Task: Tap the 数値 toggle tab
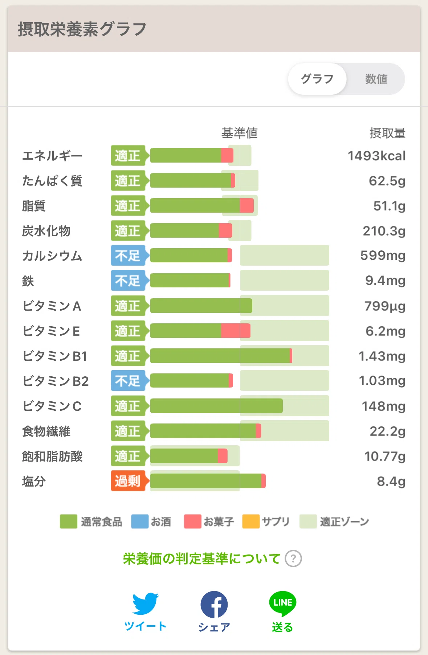point(376,79)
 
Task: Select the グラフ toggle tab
point(317,79)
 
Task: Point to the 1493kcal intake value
point(376,156)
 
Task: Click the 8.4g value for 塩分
point(391,482)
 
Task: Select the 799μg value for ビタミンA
point(385,306)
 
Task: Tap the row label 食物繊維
point(46,431)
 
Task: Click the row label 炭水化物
point(46,231)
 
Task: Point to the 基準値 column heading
point(240,133)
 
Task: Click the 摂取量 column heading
point(387,133)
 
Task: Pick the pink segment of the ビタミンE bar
point(236,331)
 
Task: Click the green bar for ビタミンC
point(216,406)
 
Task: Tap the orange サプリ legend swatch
point(251,521)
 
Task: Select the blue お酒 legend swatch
point(140,521)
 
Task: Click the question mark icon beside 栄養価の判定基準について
point(293,558)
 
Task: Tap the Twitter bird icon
point(145,604)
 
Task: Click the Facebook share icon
point(214,605)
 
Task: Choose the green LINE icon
point(283,603)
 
